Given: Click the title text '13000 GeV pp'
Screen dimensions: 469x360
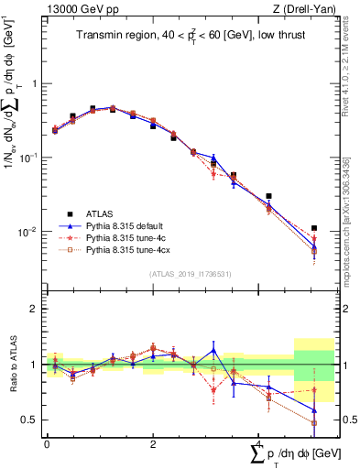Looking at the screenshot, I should click(74, 9).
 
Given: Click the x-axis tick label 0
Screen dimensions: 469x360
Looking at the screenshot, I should click(47, 442).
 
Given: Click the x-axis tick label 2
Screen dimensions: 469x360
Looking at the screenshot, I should click(153, 442).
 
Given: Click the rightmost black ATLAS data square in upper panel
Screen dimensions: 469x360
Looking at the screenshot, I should click(314, 228).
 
